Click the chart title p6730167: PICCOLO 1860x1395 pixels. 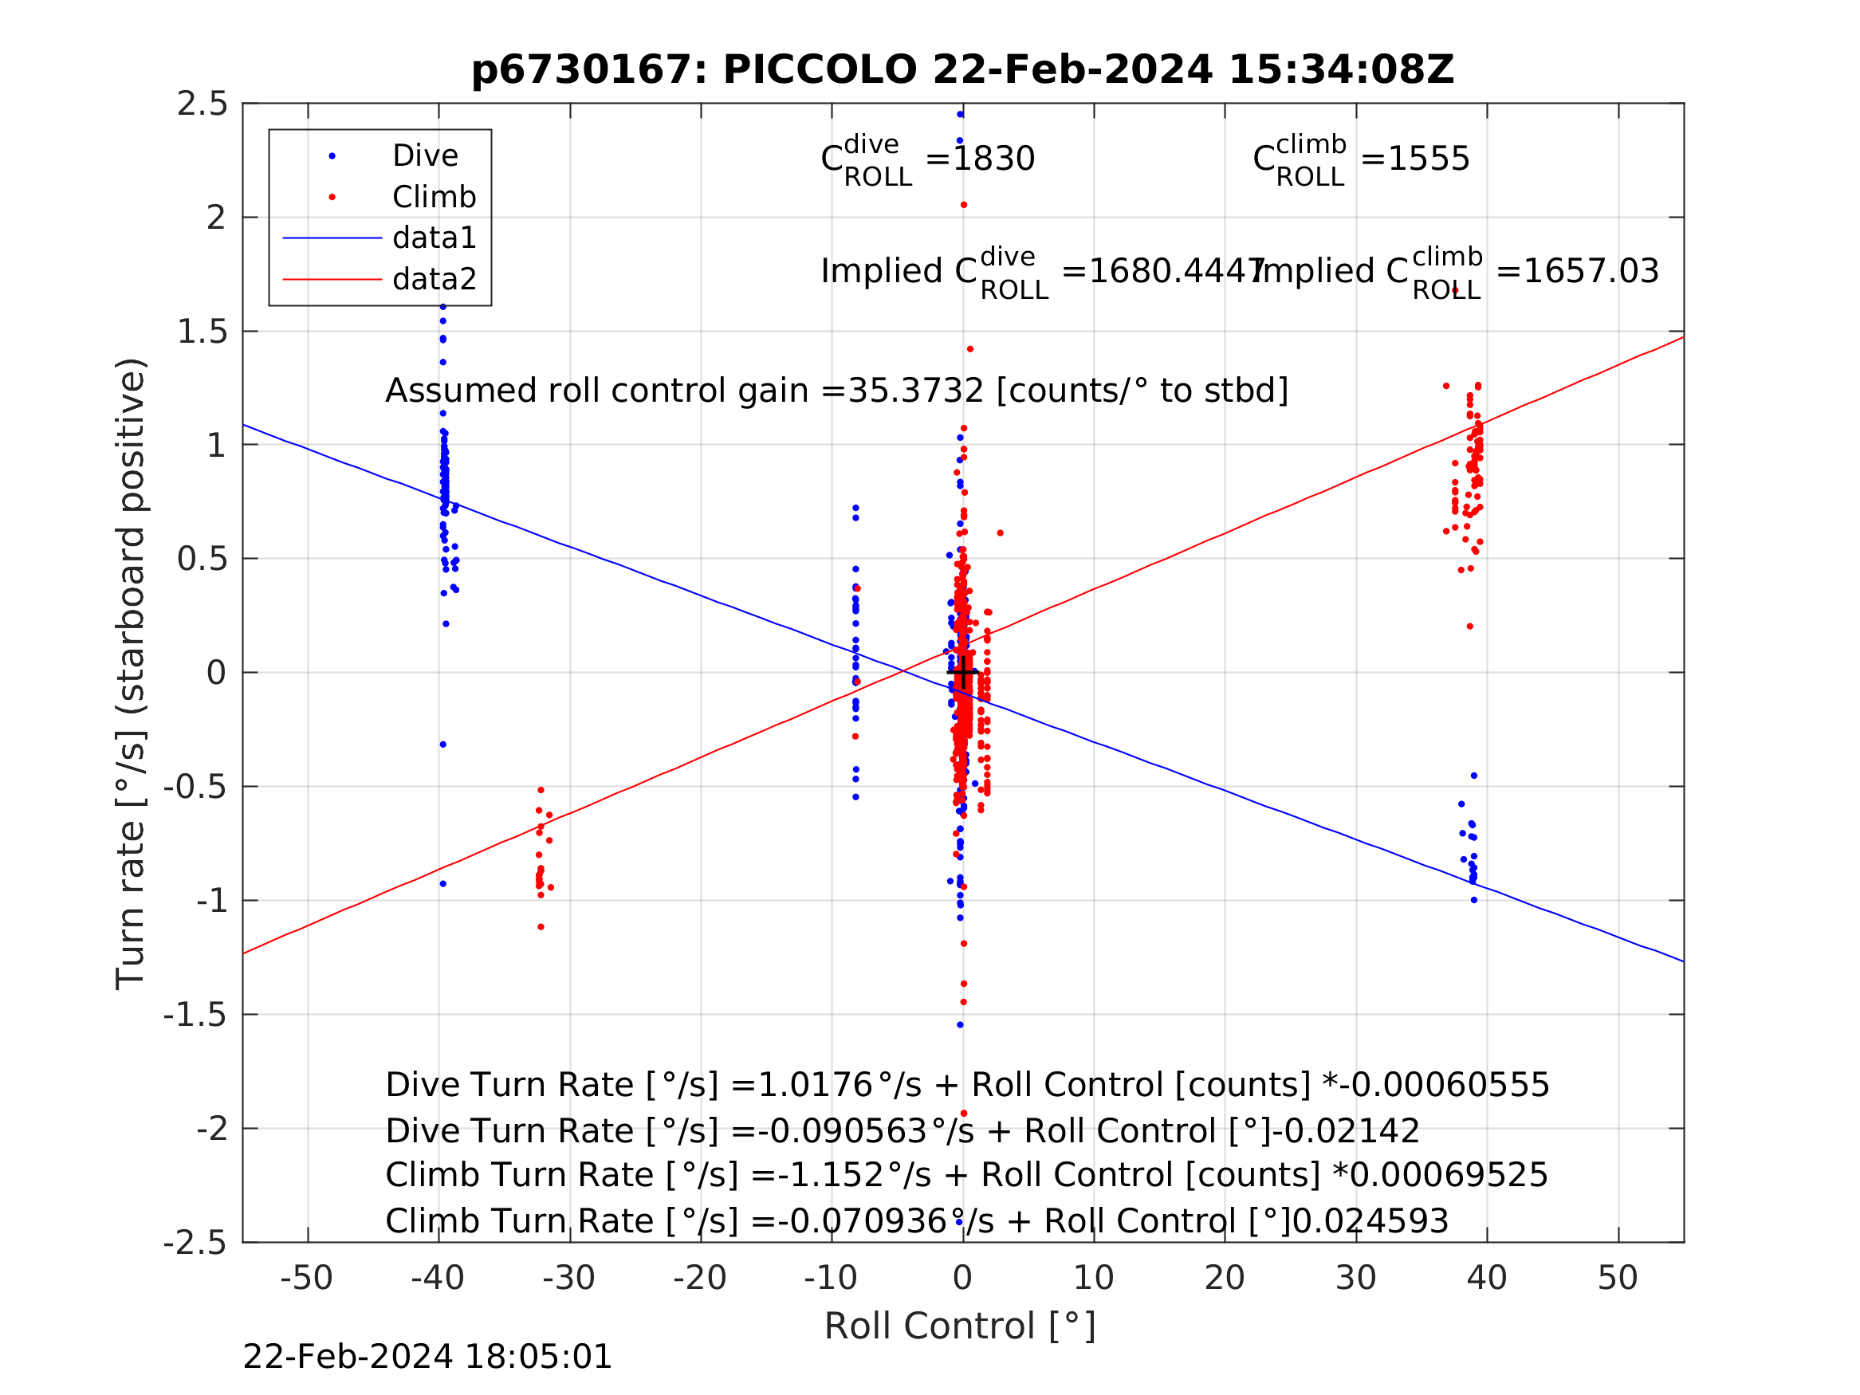tap(962, 70)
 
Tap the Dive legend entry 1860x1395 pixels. tap(425, 155)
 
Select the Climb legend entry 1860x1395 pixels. tap(434, 197)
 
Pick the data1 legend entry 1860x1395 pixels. tap(434, 238)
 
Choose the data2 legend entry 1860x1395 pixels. tap(434, 278)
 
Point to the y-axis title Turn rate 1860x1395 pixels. tap(130, 674)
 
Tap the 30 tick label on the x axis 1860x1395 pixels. tap(1355, 1278)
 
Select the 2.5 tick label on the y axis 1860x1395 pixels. tap(202, 104)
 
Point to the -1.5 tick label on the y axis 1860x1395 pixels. tap(195, 1015)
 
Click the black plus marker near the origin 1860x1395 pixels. tap(963, 673)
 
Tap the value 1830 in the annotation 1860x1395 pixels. tap(993, 159)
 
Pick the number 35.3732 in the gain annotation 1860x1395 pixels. tap(915, 391)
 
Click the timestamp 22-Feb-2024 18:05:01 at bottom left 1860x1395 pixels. tap(427, 1358)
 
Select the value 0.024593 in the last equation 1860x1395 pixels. tap(1370, 1222)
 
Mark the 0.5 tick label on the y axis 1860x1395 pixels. tap(202, 559)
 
